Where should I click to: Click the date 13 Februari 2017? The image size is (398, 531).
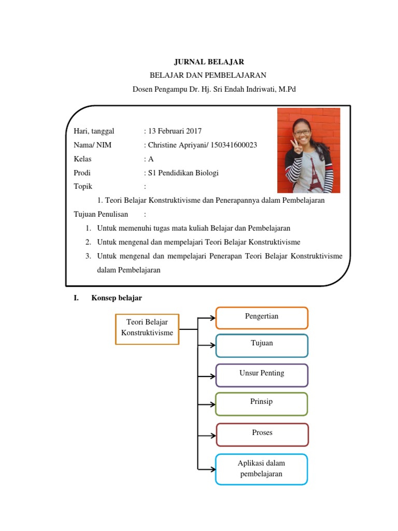(175, 131)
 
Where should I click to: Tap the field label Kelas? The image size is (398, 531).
(82, 159)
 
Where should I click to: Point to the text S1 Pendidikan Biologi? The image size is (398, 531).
(183, 173)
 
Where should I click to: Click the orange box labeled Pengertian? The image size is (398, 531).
(262, 317)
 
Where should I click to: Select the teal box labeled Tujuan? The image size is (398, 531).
(262, 345)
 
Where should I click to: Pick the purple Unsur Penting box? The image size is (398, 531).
(262, 375)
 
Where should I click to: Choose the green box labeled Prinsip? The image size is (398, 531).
(262, 403)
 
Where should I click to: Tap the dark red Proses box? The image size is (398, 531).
(262, 434)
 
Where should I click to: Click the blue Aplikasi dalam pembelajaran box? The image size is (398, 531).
(262, 469)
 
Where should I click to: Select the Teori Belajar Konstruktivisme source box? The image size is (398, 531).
(147, 329)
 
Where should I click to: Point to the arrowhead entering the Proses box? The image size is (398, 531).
(212, 435)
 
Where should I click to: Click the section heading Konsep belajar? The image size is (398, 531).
(117, 298)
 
